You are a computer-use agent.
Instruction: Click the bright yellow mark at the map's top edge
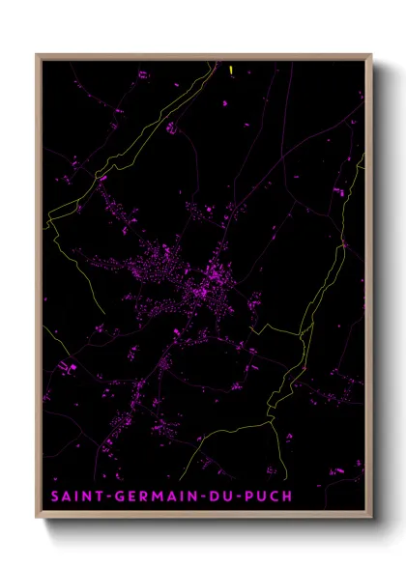[x=233, y=69]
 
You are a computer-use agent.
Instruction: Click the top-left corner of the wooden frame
[x=37, y=54]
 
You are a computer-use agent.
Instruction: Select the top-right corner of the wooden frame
[x=371, y=54]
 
